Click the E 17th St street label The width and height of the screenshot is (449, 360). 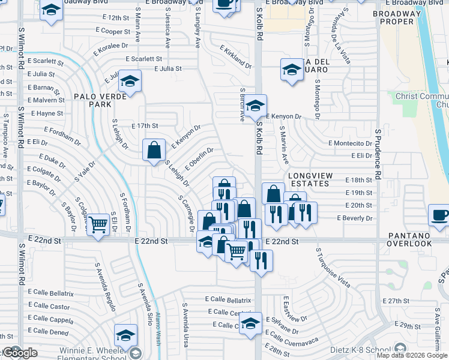pos(144,126)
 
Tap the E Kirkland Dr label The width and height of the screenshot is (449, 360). pos(235,56)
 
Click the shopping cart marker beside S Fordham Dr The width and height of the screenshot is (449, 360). pos(98,224)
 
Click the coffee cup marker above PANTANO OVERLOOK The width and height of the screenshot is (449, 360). pos(439,214)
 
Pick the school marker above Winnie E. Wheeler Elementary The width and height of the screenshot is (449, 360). pos(126,334)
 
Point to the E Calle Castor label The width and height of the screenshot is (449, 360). pos(49,306)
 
